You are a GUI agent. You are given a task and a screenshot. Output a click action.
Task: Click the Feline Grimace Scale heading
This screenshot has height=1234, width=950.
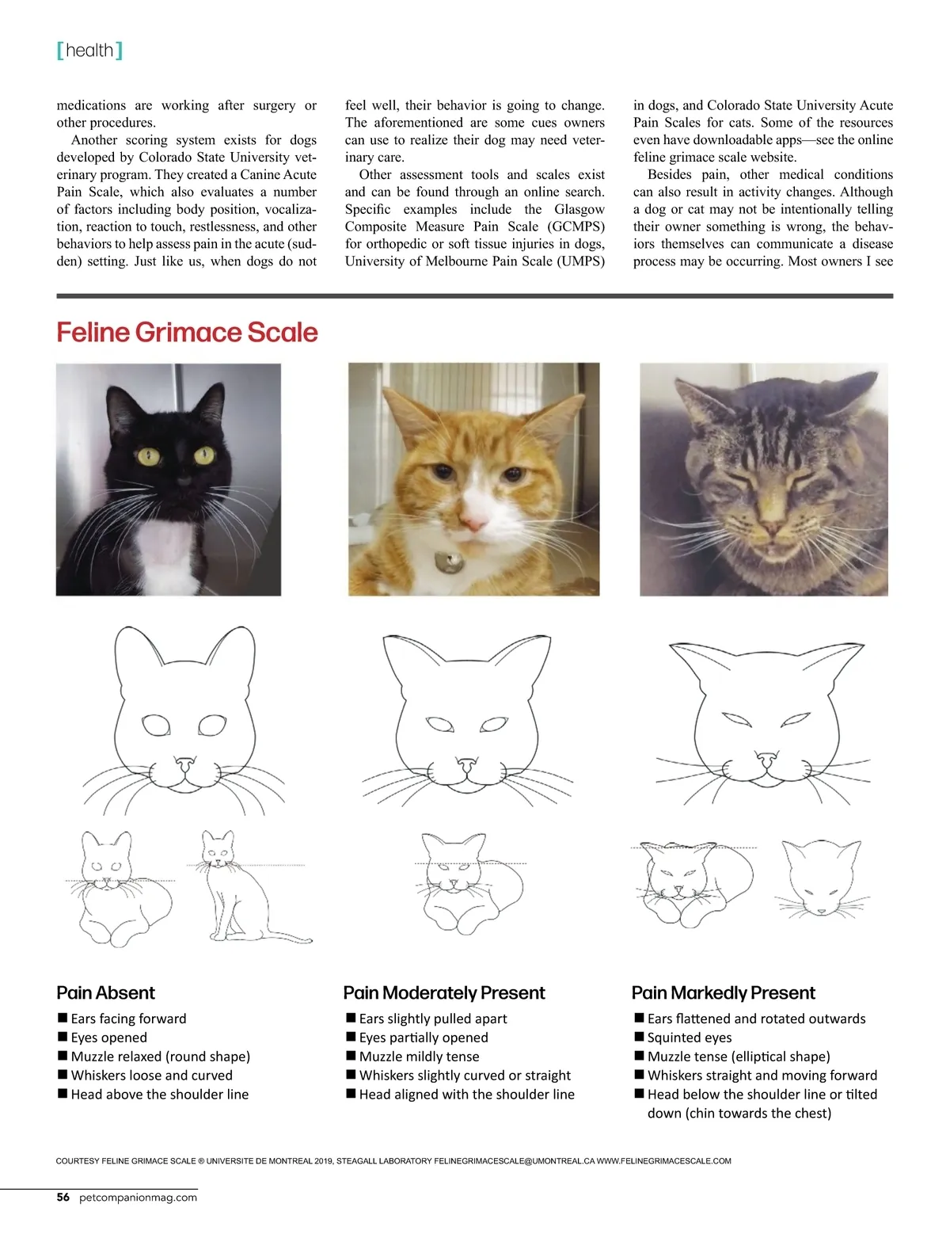(187, 333)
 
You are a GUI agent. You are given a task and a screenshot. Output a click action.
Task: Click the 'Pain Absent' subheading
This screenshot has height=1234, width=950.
(105, 993)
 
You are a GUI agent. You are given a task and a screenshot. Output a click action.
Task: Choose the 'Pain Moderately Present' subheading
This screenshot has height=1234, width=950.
(444, 993)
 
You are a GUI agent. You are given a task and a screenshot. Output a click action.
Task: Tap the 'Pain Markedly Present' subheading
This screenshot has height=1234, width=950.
(723, 993)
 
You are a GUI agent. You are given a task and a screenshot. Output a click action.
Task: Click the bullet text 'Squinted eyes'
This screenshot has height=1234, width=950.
(689, 1038)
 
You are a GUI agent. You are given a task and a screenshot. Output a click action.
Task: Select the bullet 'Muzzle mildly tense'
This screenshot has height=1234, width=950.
(419, 1057)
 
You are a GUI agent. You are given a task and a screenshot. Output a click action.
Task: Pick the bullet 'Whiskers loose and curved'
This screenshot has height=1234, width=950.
(151, 1076)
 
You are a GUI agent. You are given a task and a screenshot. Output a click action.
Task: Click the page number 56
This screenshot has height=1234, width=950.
(63, 1198)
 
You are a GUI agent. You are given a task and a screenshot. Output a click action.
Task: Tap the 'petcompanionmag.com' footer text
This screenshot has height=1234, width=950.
(138, 1198)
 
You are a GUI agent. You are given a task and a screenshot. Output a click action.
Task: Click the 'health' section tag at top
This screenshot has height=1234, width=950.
(89, 51)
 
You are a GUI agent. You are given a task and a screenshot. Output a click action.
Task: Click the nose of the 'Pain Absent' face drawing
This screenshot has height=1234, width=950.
(184, 764)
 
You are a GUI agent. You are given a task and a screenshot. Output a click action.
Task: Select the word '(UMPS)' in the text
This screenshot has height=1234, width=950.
(582, 261)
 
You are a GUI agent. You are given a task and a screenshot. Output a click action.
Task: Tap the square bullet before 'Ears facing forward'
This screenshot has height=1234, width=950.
(62, 1018)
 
